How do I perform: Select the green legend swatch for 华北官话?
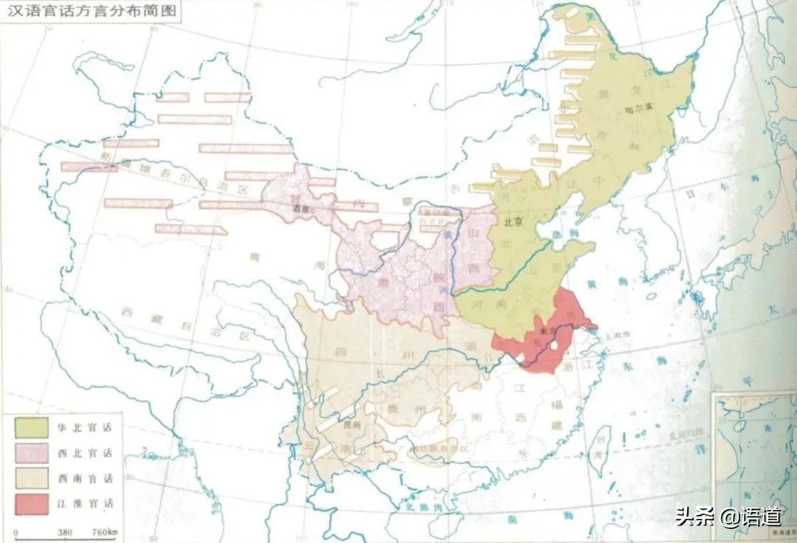tap(32, 426)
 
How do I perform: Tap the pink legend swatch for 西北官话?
tap(32, 452)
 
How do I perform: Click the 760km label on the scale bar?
tap(104, 532)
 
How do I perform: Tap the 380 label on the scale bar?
tap(64, 532)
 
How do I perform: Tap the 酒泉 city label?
tap(297, 209)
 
